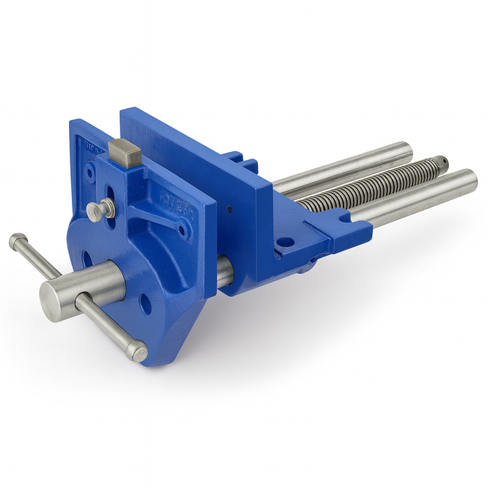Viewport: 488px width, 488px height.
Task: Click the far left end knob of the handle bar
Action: [x=17, y=243]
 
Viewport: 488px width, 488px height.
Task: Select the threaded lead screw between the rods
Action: [x=369, y=183]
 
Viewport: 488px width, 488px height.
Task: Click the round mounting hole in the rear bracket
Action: [x=285, y=243]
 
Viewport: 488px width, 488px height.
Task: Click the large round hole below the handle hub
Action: [x=145, y=303]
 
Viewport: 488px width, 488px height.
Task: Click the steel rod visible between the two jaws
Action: [x=222, y=271]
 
